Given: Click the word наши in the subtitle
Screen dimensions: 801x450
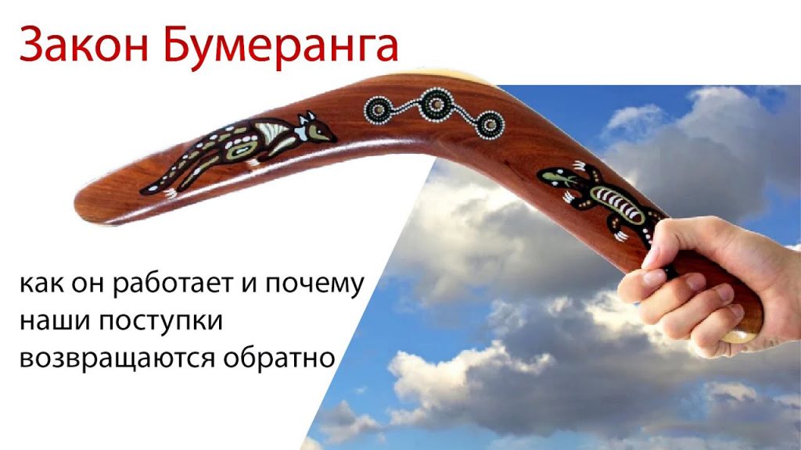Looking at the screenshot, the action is click(x=54, y=321).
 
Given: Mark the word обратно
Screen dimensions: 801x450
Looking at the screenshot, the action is click(x=279, y=356).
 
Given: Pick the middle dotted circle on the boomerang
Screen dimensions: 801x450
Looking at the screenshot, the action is click(x=436, y=105).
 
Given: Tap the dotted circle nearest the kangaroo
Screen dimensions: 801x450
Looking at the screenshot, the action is click(x=379, y=110).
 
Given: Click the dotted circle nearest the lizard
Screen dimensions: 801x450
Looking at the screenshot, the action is click(x=490, y=124).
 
